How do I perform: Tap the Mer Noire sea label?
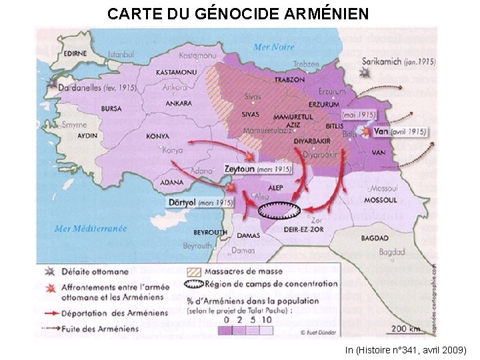pyautogui.click(x=273, y=46)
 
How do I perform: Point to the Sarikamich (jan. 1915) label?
pyautogui.click(x=399, y=61)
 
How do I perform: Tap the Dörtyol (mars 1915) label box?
pyautogui.click(x=201, y=202)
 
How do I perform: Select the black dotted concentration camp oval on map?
pyautogui.click(x=279, y=211)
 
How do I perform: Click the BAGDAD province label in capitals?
pyautogui.click(x=375, y=238)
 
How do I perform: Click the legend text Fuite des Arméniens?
pyautogui.click(x=101, y=328)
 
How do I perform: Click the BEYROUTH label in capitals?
pyautogui.click(x=210, y=232)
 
